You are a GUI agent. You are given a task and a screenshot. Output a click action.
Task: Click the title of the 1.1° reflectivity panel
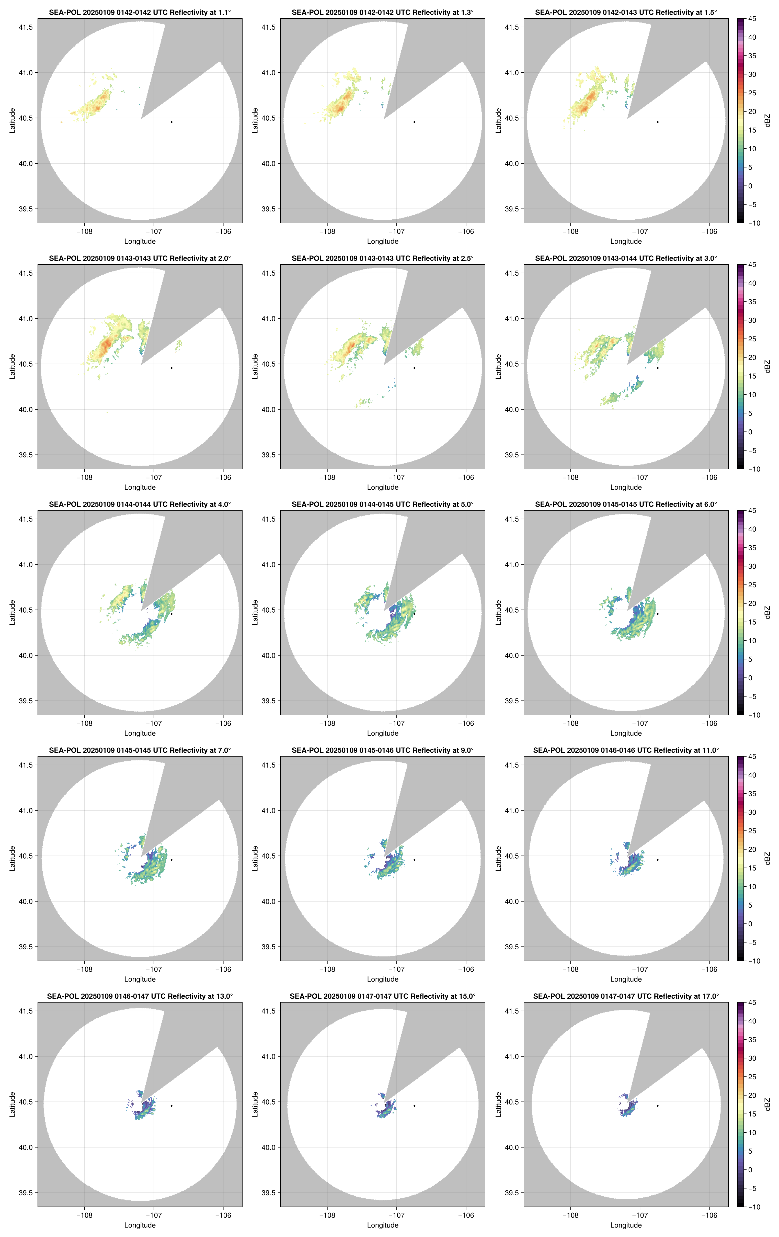point(140,12)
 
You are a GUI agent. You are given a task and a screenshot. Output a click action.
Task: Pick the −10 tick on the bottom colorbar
point(753,1207)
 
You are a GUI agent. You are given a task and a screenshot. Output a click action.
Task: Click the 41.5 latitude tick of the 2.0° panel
point(26,273)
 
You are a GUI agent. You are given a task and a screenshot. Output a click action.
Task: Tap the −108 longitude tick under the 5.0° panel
point(327,723)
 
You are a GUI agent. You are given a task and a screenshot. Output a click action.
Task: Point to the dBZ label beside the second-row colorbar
point(767,367)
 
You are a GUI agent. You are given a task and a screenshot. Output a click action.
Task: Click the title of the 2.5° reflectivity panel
point(383,258)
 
